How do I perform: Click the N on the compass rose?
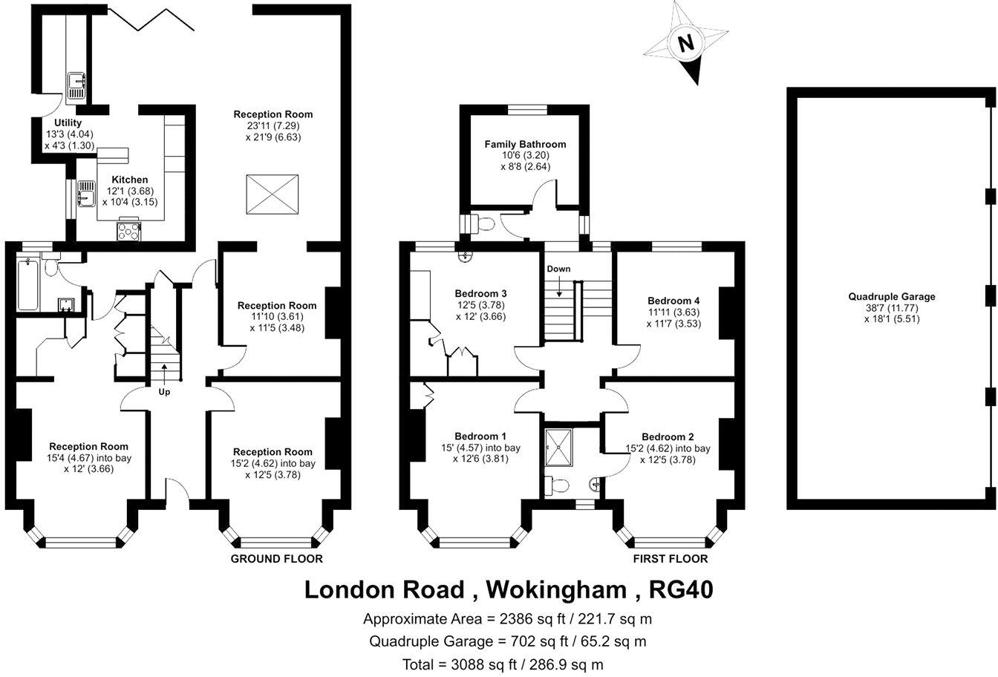(x=687, y=44)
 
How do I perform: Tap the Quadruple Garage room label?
(x=892, y=296)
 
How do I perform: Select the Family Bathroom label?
(x=525, y=144)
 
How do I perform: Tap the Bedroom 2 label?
(x=668, y=436)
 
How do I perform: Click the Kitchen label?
(x=129, y=180)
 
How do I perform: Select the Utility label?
(x=68, y=122)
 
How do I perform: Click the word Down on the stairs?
(x=558, y=269)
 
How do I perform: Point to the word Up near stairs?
(x=164, y=391)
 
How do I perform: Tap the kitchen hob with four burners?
(x=128, y=231)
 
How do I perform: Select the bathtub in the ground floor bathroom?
(x=27, y=285)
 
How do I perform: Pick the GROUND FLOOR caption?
(x=276, y=559)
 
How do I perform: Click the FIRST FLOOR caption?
(x=670, y=559)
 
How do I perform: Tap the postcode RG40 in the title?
(x=681, y=589)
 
